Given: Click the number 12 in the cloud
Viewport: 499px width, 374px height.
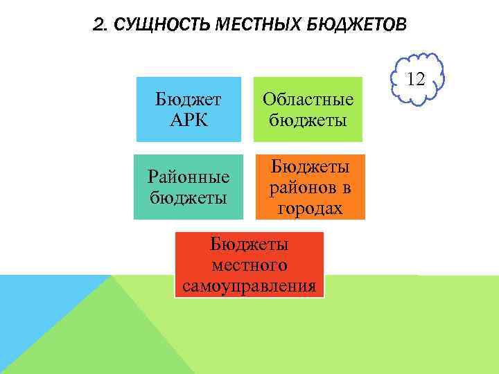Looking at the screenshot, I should [x=417, y=79].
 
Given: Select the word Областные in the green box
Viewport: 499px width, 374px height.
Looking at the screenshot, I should [x=307, y=99].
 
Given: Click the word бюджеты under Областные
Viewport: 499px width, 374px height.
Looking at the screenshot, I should [x=307, y=120].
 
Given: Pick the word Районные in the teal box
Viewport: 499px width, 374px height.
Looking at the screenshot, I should [x=189, y=177].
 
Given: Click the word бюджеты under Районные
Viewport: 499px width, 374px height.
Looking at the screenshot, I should [x=189, y=197].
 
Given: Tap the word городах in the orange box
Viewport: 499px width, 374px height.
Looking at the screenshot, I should [x=310, y=208].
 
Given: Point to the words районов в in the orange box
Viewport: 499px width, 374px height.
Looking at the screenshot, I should [x=310, y=187].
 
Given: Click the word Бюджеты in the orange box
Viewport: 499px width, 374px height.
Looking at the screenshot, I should [x=310, y=167].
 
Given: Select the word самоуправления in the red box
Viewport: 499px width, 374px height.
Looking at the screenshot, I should [x=249, y=285].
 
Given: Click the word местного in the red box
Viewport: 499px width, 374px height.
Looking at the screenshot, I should [x=249, y=265].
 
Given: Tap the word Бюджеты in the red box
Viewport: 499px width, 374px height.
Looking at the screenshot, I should [x=249, y=244].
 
